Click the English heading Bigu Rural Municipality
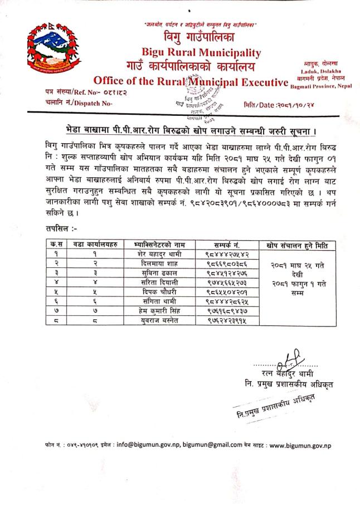[x=201, y=53]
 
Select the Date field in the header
[x=279, y=104]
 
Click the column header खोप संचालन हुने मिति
[x=301, y=245]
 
